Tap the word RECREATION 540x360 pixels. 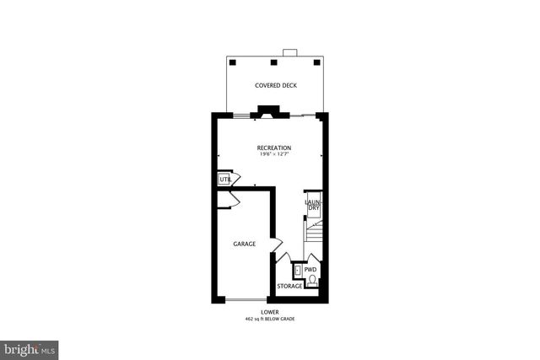274,148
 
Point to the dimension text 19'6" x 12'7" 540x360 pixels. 274,154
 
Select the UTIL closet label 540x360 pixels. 225,180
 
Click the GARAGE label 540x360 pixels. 246,244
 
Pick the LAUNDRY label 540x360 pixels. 312,204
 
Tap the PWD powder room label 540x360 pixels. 310,270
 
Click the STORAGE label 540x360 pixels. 289,287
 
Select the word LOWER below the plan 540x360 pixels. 270,312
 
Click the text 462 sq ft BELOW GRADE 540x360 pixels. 270,320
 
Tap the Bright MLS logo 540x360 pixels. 30,348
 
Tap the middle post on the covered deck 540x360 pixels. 274,62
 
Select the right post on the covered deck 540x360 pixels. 317,62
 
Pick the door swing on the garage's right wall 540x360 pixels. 275,244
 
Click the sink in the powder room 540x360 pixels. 298,271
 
